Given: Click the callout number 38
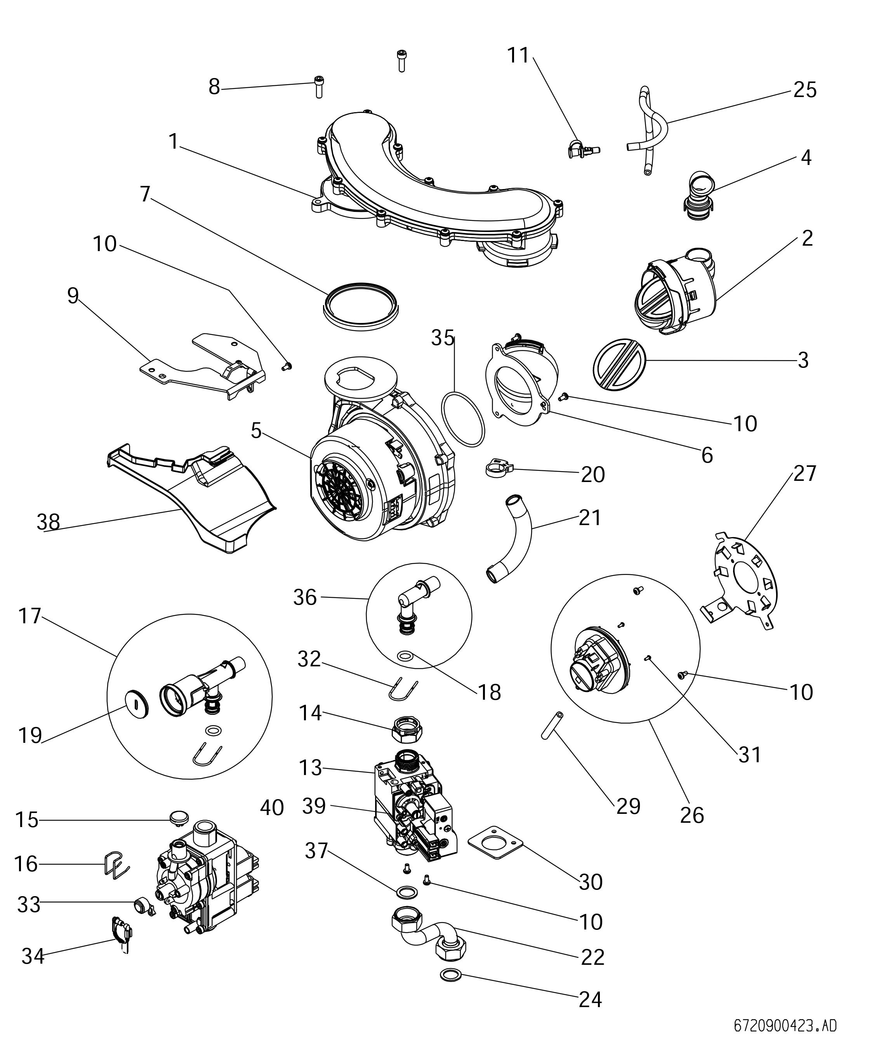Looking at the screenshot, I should pos(48,522).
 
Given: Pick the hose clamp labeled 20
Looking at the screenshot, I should pos(497,469).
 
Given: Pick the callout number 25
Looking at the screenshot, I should pos(805,90).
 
